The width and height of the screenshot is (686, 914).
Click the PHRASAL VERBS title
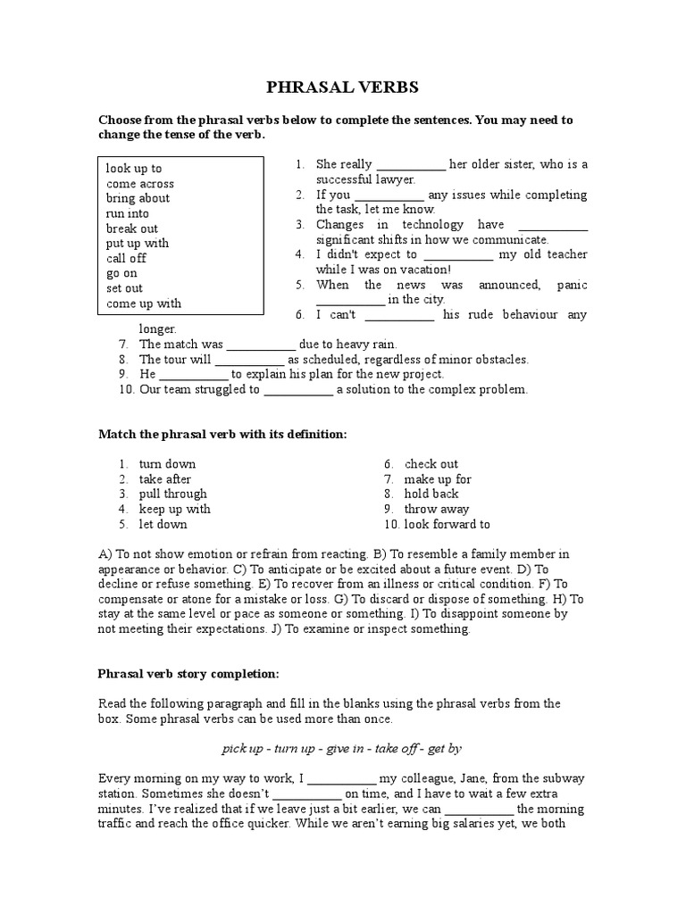(343, 87)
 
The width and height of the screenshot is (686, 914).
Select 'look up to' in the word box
(133, 168)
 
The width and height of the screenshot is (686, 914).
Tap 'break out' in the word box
(131, 228)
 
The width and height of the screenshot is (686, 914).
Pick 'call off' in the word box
(126, 258)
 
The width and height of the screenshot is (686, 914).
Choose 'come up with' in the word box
(143, 303)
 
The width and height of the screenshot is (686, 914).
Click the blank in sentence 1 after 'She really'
(410, 165)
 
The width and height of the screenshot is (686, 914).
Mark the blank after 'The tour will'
(249, 360)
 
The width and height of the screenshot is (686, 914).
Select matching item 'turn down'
(167, 464)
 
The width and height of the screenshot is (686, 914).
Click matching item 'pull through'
(172, 494)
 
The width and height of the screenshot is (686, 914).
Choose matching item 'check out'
(431, 464)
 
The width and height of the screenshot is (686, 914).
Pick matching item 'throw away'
(437, 509)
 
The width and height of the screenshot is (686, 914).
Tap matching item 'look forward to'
(447, 525)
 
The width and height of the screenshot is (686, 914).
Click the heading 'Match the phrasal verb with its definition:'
(222, 434)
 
